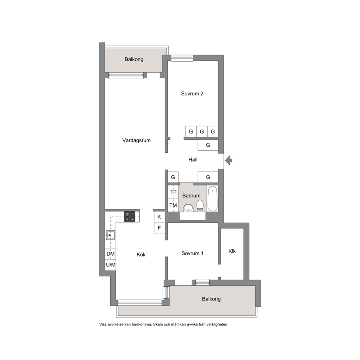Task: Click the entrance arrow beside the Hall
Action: pos(229,160)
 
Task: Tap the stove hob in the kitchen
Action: pos(130,217)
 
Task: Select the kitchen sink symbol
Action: pos(110,235)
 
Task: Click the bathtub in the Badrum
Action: pos(212,199)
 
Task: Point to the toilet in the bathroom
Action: pos(200,206)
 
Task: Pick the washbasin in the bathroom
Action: pos(189,208)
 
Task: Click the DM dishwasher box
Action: pos(110,254)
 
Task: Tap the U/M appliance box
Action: pos(110,265)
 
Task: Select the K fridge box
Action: pos(159,217)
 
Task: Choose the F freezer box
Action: pos(159,228)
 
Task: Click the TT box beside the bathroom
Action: pos(173,192)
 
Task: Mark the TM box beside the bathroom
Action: pos(173,205)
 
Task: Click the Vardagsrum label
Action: pos(136,140)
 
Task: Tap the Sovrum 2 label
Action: pos(192,93)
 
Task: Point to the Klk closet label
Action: pos(232,251)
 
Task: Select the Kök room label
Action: pos(141,254)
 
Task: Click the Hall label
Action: pos(193,160)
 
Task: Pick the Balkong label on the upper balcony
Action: pos(134,60)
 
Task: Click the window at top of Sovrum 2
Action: pos(182,58)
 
